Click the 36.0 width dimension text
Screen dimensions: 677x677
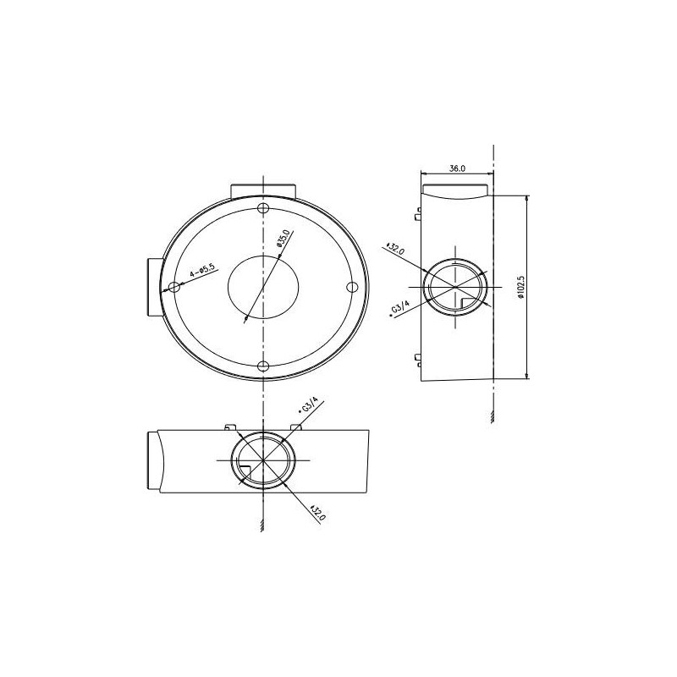457,169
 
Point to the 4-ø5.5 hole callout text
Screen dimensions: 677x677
203,272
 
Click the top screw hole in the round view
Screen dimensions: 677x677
263,208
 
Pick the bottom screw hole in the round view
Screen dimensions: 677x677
263,366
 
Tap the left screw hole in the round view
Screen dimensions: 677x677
173,287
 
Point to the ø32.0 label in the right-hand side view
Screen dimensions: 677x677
395,250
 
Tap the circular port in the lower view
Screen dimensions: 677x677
262,461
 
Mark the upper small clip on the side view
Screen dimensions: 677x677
418,214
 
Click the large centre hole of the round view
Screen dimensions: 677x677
262,288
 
